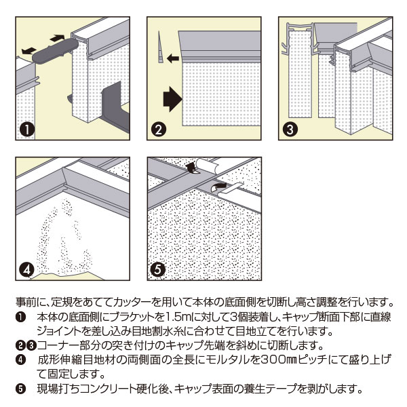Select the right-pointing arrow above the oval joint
(58, 35)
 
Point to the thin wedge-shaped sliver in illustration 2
(160, 47)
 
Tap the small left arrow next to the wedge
(173, 59)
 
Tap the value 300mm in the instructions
(272, 360)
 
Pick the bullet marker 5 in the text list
(20, 389)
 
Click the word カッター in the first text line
(146, 302)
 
